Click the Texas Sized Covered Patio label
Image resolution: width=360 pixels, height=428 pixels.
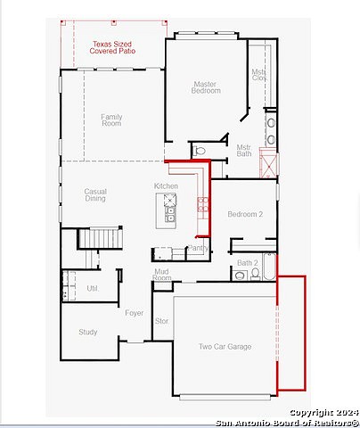pyautogui.click(x=112, y=47)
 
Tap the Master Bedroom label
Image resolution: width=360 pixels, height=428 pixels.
pyautogui.click(x=206, y=88)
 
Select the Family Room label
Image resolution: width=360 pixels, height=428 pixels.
pyautogui.click(x=111, y=119)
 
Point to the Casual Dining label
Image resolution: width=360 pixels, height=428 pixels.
pyautogui.click(x=95, y=194)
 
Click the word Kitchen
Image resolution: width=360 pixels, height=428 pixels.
pyautogui.click(x=166, y=185)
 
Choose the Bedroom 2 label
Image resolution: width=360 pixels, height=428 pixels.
pyautogui.click(x=244, y=215)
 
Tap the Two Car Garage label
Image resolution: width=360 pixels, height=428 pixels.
pyautogui.click(x=224, y=346)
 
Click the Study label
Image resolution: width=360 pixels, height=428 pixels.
pyautogui.click(x=87, y=332)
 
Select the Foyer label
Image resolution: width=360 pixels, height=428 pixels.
pyautogui.click(x=134, y=313)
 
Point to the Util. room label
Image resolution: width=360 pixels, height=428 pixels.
pyautogui.click(x=93, y=288)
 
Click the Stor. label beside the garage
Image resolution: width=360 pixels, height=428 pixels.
pyautogui.click(x=161, y=320)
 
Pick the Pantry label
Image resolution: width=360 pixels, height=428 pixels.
pyautogui.click(x=198, y=248)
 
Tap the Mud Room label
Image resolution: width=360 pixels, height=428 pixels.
pyautogui.click(x=161, y=274)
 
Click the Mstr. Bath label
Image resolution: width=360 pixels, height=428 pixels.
pyautogui.click(x=244, y=151)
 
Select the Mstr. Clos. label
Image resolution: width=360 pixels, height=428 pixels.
pyautogui.click(x=258, y=75)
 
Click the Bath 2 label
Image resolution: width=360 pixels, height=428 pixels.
pyautogui.click(x=247, y=263)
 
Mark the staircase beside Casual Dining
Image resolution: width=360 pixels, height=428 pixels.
pyautogui.click(x=100, y=239)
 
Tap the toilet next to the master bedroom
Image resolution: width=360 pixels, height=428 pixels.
pyautogui.click(x=200, y=151)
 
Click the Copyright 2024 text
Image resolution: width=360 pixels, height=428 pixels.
pyautogui.click(x=322, y=412)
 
